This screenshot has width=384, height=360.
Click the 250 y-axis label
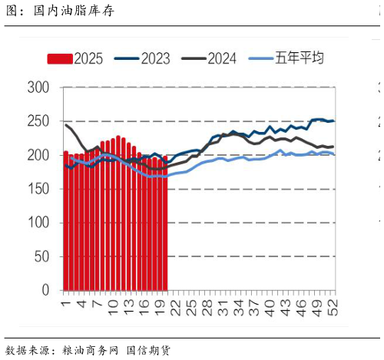click(x=38, y=121)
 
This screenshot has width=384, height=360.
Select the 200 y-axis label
click(x=38, y=155)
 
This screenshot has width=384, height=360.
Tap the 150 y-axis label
click(x=38, y=189)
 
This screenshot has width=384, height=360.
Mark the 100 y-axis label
click(x=38, y=223)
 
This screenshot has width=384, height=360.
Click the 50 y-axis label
click(x=42, y=256)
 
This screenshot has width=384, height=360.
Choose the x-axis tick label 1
click(x=66, y=303)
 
